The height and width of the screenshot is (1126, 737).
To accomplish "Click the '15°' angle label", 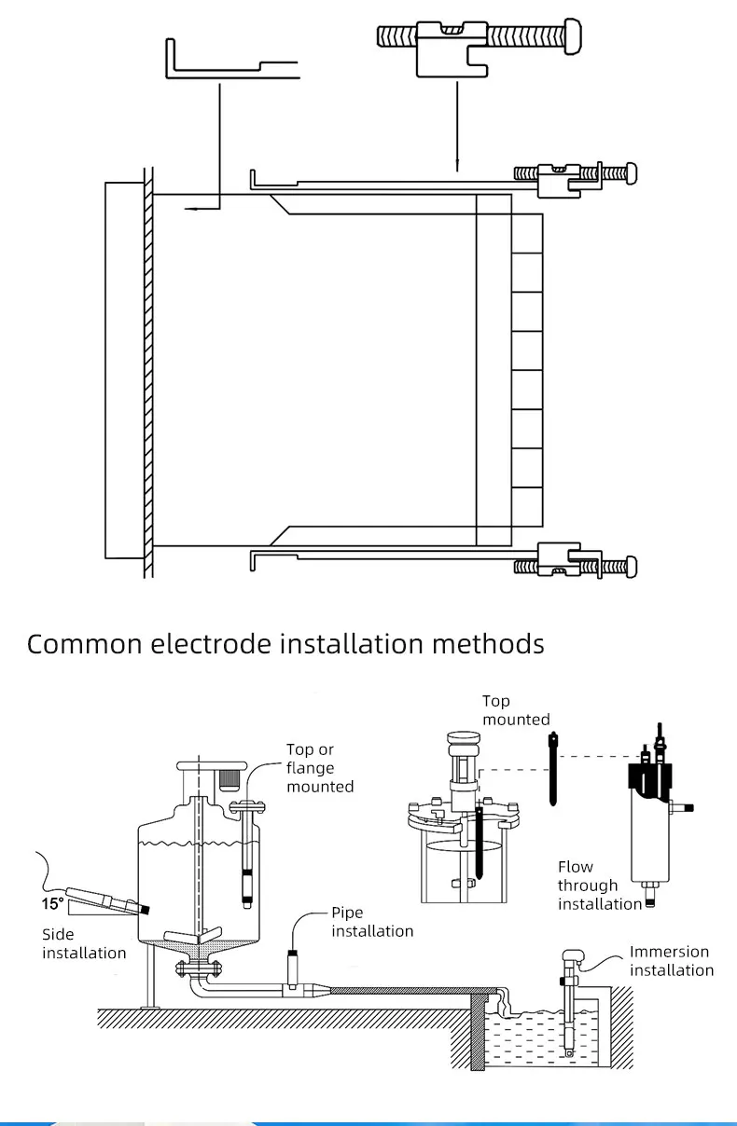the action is tap(52, 903).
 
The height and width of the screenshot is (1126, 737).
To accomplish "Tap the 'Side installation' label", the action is tap(84, 943).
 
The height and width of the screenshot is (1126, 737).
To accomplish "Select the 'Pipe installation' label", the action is tap(372, 922).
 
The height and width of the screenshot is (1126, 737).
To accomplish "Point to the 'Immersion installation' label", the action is tap(672, 961).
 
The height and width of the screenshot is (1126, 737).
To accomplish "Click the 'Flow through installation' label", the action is tap(600, 886).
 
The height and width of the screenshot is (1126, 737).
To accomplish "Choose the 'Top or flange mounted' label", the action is tap(320, 767).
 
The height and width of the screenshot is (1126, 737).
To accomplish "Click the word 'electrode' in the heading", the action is tap(211, 644).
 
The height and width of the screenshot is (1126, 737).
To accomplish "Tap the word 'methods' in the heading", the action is tap(488, 644).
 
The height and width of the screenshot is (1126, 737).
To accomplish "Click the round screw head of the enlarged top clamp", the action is tap(573, 35).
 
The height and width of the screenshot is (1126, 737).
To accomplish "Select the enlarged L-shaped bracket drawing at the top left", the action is tap(232, 59).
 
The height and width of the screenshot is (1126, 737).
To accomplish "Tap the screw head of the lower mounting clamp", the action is tap(631, 567).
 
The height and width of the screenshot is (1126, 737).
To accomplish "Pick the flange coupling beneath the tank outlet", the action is tap(198, 968).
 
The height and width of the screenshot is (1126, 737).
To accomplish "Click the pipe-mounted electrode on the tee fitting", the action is tap(292, 968).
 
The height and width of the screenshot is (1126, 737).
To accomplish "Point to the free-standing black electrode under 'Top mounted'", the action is tap(553, 769).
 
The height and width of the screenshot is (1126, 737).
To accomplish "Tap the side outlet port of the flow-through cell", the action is tap(682, 808).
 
